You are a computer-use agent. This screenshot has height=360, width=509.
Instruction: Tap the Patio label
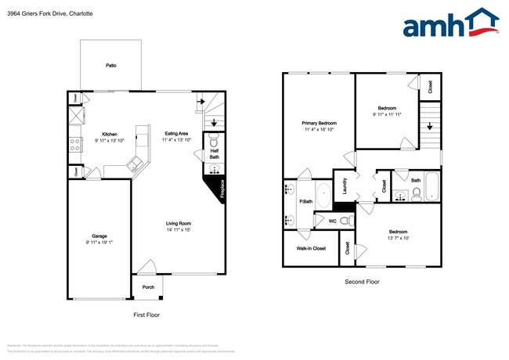click(x=111, y=65)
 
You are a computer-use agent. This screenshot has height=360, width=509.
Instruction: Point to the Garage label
click(x=99, y=236)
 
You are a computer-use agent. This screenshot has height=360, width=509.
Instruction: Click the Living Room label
click(x=179, y=223)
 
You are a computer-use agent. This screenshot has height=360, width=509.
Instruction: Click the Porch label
click(x=148, y=287)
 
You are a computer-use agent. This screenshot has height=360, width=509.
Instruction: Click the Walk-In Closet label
click(x=311, y=249)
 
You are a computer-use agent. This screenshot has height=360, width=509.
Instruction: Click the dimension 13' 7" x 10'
click(x=398, y=238)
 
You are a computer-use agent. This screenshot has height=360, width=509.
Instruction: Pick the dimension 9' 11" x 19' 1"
click(x=99, y=243)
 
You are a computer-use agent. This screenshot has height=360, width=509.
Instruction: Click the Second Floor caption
click(x=362, y=282)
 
